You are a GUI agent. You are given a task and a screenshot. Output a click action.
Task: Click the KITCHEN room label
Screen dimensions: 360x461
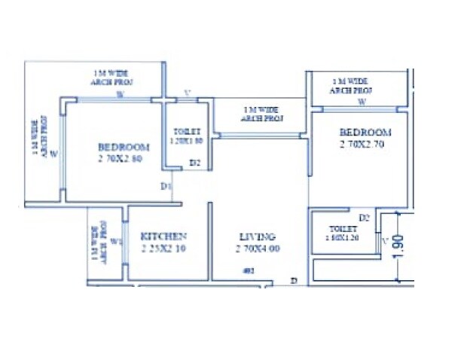click(163, 236)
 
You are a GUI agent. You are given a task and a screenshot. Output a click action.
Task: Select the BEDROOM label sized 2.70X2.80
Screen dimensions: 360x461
click(124, 147)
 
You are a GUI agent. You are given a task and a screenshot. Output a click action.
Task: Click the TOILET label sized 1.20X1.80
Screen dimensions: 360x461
click(186, 130)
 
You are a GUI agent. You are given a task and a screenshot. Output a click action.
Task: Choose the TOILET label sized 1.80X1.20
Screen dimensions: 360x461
click(343, 229)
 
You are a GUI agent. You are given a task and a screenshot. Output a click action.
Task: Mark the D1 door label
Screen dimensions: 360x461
click(166, 185)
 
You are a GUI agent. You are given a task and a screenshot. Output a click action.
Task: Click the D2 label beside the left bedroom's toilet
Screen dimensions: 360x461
click(194, 162)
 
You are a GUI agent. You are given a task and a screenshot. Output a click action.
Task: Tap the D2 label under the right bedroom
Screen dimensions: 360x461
click(364, 217)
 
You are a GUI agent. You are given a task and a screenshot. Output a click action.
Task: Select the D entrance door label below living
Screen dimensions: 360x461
click(295, 280)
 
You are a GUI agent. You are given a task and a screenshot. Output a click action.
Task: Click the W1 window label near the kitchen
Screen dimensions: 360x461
click(115, 242)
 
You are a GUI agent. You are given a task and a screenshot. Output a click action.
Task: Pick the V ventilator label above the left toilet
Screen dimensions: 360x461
click(188, 94)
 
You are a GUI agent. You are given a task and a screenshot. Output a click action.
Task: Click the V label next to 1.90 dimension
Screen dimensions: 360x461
click(386, 242)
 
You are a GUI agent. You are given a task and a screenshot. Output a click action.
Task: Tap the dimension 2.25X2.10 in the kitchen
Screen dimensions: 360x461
click(163, 249)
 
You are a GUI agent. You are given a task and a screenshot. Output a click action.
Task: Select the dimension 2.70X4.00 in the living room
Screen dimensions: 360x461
click(258, 248)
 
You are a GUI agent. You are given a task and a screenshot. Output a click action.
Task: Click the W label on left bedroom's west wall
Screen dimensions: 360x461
click(53, 154)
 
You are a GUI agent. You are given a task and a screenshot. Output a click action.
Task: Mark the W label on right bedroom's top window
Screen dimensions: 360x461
click(362, 100)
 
